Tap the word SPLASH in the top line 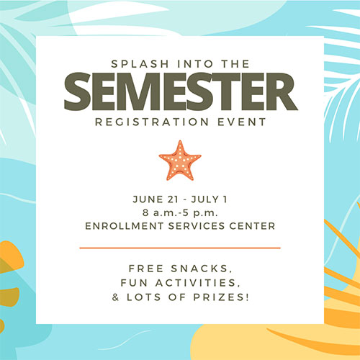tap(140, 64)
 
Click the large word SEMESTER tap(181, 91)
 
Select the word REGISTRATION tap(152, 122)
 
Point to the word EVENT tap(242, 122)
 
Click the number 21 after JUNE tap(173, 199)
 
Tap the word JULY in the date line tap(205, 199)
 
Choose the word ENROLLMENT tap(124, 226)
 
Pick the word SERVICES tap(197, 226)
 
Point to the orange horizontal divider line tap(180, 248)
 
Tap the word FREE tap(146, 269)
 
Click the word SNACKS tap(202, 269)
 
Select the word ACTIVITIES tap(198, 283)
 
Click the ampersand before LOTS tap(115, 297)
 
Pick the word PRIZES tap(221, 297)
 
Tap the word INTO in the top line tap(195, 64)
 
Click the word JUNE tap(148, 199)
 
